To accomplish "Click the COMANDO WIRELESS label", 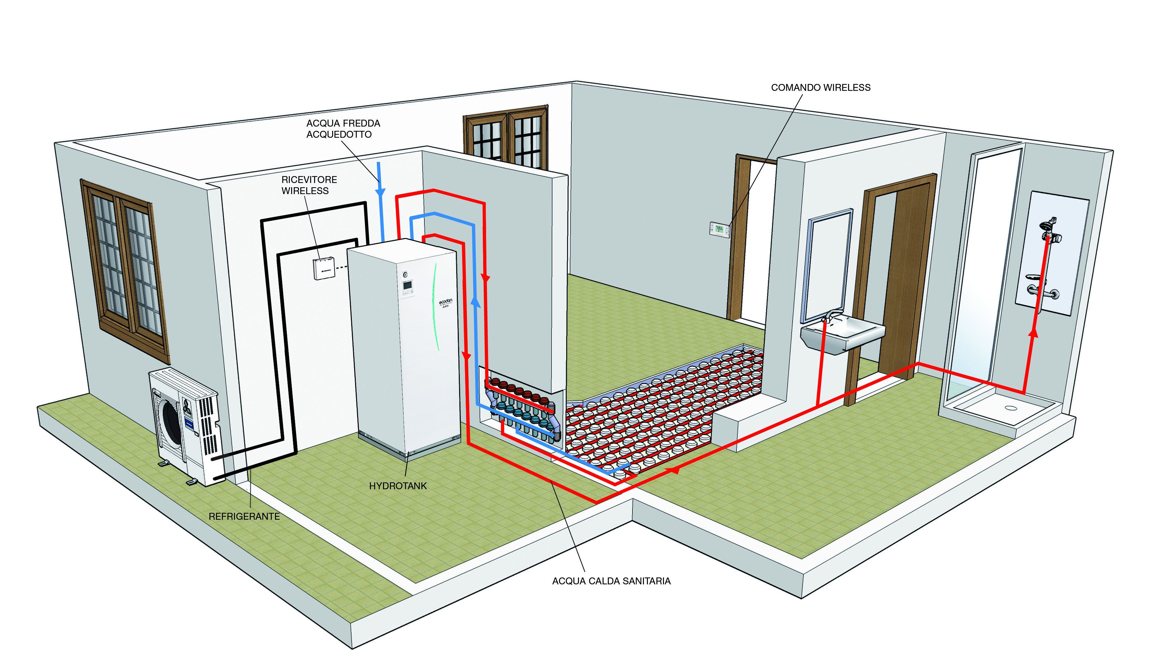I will point(821,88).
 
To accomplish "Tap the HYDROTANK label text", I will point(398,486).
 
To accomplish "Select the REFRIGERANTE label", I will point(244,516).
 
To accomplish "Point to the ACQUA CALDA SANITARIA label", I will point(611,581).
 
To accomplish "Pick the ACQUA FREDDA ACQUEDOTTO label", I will point(343,129).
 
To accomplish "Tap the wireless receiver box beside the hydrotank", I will point(324,269).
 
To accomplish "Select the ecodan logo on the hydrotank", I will point(445,302).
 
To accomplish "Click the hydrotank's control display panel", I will point(407,286).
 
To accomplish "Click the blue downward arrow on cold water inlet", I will point(380,192).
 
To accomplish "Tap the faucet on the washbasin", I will point(832,315).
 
